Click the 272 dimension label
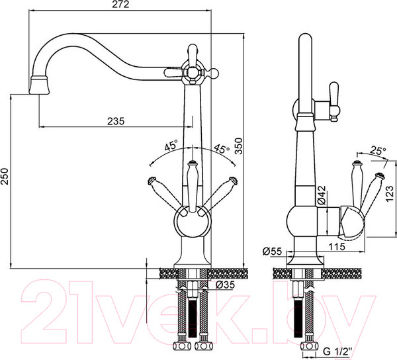click(120, 5)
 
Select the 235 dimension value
click(116, 121)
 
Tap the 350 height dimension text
click(238, 146)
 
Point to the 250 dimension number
click(5, 176)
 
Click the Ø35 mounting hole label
click(225, 285)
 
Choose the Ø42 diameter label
click(322, 195)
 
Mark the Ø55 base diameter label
click(272, 251)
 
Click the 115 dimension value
click(337, 246)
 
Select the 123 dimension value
click(390, 194)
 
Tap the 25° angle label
click(378, 151)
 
